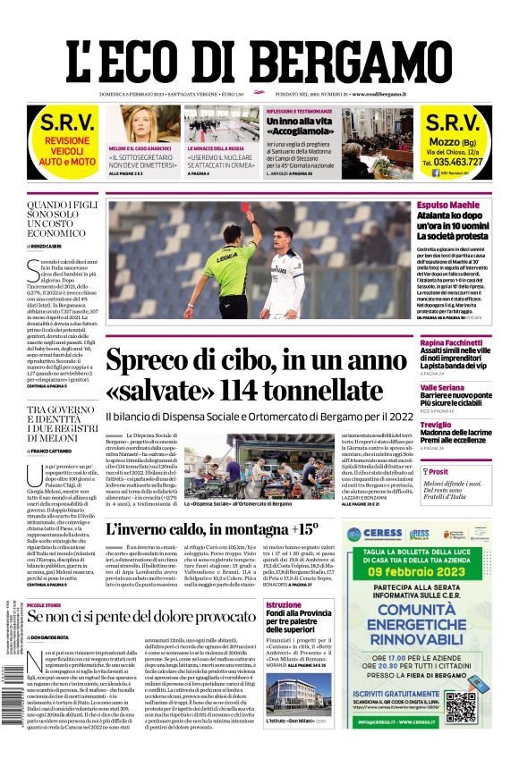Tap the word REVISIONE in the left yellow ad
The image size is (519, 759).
coord(55,141)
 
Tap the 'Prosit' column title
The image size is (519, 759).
coord(438,471)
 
